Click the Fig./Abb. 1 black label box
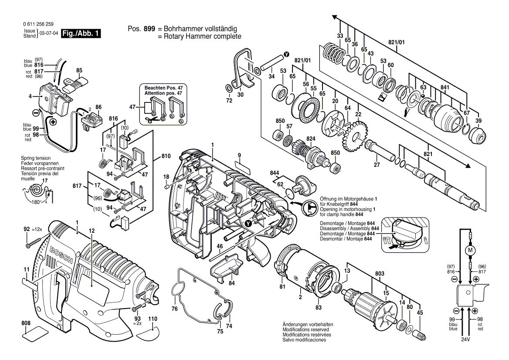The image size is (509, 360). coord(81,33)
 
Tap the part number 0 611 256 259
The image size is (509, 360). coord(38,24)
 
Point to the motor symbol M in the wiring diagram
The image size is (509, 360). coord(470,250)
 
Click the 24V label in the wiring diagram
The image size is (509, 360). coord(465,340)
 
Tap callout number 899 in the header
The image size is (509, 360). coord(149,29)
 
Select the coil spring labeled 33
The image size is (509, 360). coord(335,54)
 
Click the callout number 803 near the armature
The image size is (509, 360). coord(380,274)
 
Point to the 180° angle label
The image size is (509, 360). coord(36,202)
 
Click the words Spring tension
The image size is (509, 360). coord(36,158)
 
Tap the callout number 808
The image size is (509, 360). coord(26,323)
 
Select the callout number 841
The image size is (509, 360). coord(445,87)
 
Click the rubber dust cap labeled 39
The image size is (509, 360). coord(478,136)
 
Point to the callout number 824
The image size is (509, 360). coord(311,139)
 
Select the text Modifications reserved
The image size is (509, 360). coord(305,329)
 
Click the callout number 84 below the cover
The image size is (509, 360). coord(231,283)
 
